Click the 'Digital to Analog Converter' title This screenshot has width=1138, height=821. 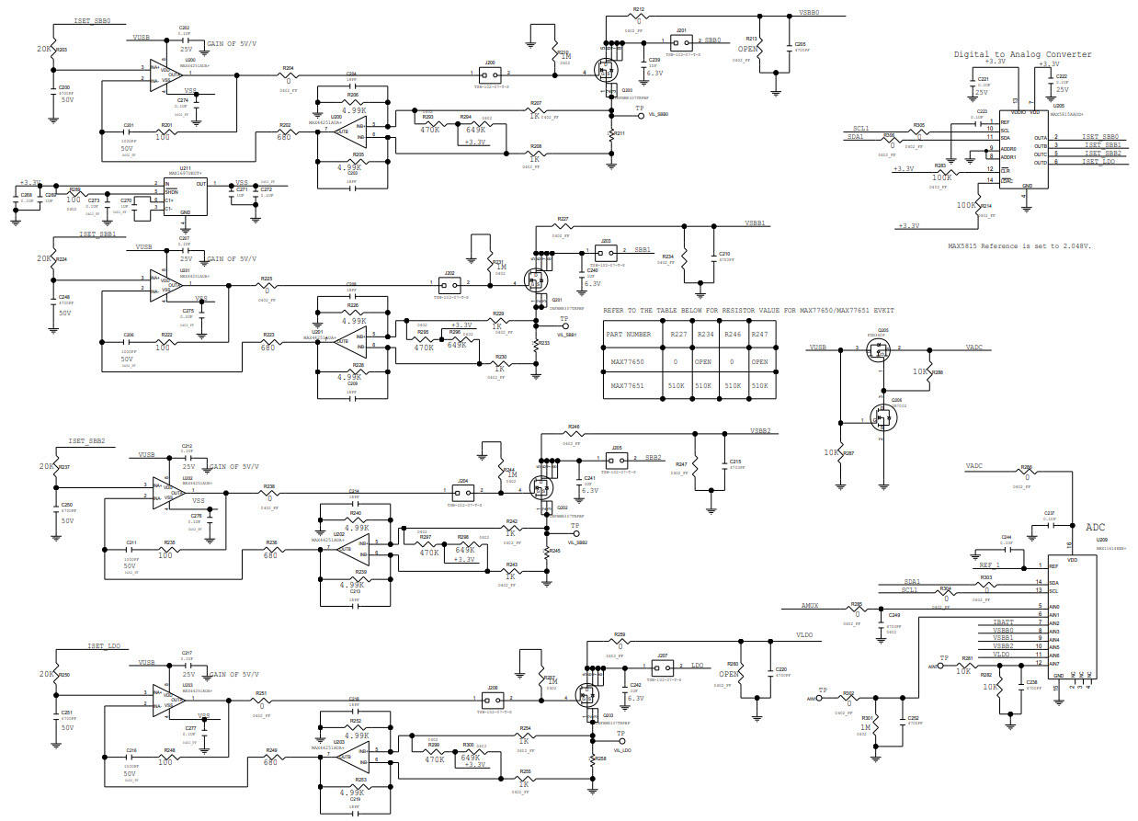[1022, 54]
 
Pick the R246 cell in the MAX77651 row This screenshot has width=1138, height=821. [733, 386]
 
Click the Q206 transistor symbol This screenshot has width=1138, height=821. [882, 419]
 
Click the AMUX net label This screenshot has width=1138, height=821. [810, 607]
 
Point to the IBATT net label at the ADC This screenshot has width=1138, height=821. [1003, 622]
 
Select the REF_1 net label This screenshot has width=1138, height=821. [989, 565]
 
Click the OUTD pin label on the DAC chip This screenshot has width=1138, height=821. [1040, 162]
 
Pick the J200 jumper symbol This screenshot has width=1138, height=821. [490, 74]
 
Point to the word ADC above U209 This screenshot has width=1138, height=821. [1096, 528]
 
